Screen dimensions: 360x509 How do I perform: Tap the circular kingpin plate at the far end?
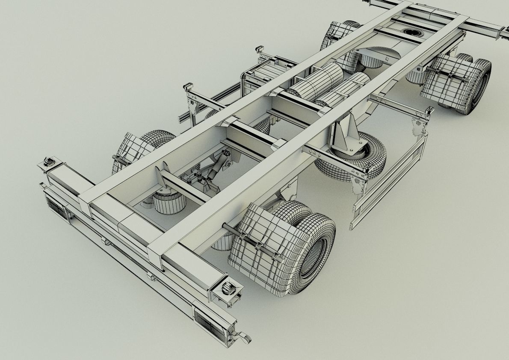[x=411, y=32]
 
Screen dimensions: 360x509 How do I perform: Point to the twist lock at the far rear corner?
[x=48, y=162]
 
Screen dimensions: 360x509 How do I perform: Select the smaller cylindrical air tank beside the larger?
[x=346, y=90]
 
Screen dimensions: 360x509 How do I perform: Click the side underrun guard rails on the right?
[x=389, y=180]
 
